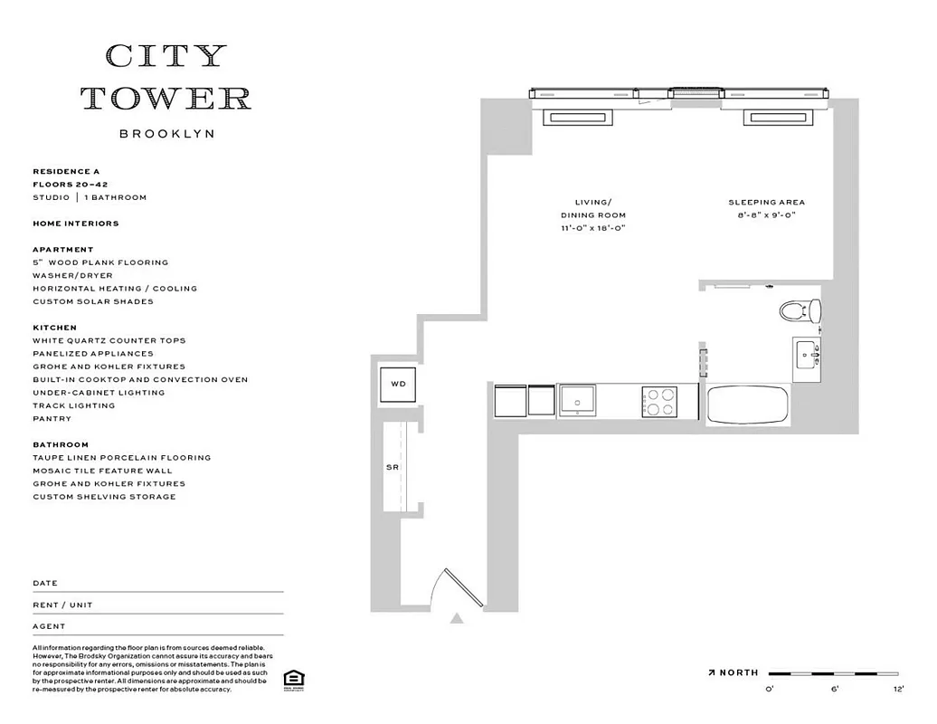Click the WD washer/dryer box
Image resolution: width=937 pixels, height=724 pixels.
coord(398,385)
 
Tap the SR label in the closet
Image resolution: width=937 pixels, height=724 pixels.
coord(393,467)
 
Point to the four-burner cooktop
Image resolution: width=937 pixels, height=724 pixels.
coord(658,401)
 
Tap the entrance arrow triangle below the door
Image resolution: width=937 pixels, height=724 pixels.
coord(458,619)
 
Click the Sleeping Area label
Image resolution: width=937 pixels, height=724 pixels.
coord(766,203)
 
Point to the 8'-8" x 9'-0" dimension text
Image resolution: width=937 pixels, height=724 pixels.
coord(766,215)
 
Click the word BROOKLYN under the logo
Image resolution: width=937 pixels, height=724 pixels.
coord(166,133)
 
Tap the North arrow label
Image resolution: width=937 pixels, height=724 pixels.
coord(734,673)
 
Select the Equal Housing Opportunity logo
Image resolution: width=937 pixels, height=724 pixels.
coord(292,680)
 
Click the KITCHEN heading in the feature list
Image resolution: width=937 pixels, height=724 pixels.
coord(54,328)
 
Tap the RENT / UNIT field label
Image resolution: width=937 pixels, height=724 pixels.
coord(62,605)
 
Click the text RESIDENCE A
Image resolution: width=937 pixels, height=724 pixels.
coord(66,171)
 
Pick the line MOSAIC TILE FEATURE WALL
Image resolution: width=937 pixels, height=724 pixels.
coord(102,471)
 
